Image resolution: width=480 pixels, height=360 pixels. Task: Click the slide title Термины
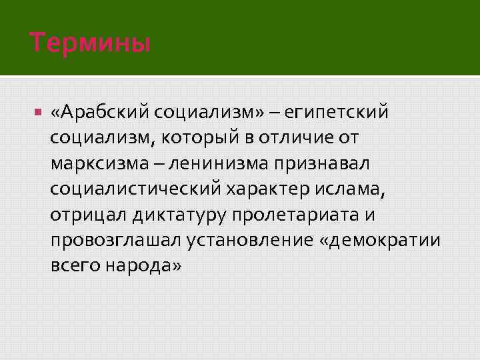point(90,44)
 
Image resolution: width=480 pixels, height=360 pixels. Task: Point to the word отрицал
point(86,214)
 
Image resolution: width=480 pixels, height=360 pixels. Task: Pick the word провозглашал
point(107,240)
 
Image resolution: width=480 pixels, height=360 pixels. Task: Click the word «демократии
point(380,240)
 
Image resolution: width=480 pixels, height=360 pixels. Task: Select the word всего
point(73,265)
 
